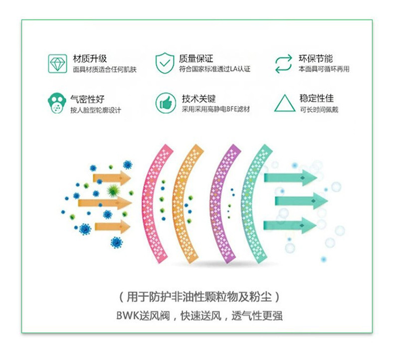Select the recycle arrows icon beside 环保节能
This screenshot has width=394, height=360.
click(283, 63)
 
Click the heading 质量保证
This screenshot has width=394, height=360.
click(196, 58)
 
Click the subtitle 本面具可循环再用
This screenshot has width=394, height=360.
click(324, 69)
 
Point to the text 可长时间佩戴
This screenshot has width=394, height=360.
click(319, 109)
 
